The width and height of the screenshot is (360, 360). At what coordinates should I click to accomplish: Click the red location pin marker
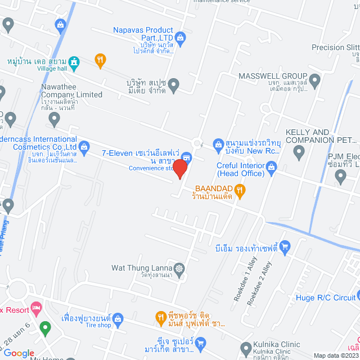[180, 169]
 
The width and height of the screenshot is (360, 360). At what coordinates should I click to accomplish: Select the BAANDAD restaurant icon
[240, 190]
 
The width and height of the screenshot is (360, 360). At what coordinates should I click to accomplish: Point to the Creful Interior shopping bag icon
[272, 166]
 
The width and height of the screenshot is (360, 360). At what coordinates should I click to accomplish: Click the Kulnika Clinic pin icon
[246, 348]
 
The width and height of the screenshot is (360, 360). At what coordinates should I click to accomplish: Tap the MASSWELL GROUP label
[272, 76]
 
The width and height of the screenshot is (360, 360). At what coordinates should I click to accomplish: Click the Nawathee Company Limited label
[71, 95]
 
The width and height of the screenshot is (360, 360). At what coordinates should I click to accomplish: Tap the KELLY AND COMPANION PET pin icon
[299, 151]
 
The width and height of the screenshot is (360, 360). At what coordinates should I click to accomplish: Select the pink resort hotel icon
[37, 308]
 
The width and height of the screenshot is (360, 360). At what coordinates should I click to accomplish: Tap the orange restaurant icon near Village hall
[100, 61]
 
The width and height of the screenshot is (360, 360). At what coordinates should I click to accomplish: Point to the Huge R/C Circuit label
[323, 298]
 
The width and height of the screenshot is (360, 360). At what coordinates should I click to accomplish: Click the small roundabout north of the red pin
[197, 142]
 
